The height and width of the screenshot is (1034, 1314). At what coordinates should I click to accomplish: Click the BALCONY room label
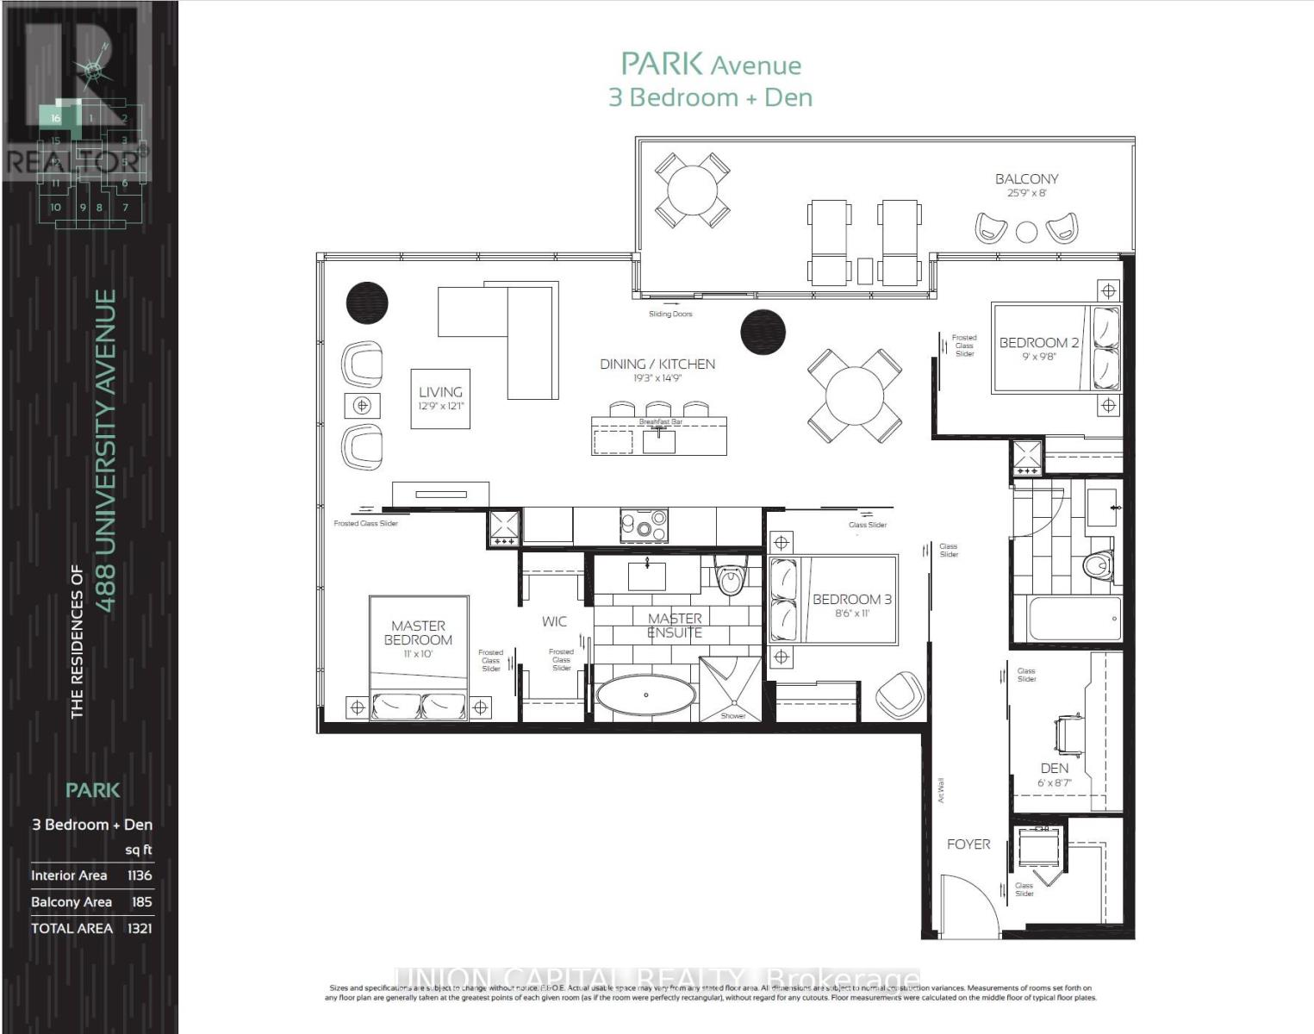click(1026, 179)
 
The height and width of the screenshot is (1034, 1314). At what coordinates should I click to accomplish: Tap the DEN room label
click(1054, 768)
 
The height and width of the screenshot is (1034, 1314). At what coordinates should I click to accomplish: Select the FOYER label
click(968, 844)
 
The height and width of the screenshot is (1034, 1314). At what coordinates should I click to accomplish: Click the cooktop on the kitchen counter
click(644, 525)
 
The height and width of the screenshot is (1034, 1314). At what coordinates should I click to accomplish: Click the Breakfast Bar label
click(660, 421)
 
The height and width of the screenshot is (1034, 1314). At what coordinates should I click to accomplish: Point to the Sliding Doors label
click(670, 314)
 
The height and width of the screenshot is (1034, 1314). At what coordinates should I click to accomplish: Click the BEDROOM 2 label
click(1038, 343)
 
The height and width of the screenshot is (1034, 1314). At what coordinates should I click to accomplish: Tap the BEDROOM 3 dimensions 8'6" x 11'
click(852, 614)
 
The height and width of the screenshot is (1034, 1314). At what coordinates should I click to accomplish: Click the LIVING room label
click(440, 392)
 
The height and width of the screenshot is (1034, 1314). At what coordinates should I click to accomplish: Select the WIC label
click(554, 621)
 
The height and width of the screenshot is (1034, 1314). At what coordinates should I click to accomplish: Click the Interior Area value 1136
click(139, 875)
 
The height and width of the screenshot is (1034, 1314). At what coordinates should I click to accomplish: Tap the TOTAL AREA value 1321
click(139, 928)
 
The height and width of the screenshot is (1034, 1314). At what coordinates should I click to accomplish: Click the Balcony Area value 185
click(141, 902)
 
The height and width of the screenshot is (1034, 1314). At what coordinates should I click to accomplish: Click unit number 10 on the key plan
click(55, 207)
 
